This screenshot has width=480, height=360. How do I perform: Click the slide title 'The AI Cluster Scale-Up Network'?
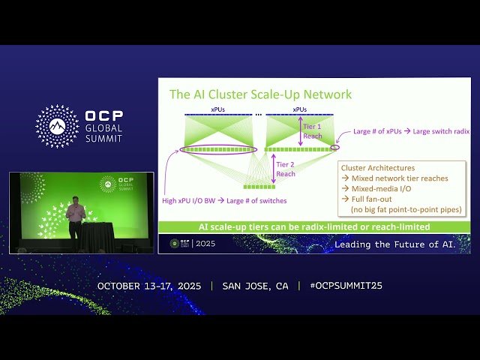tap(260, 94)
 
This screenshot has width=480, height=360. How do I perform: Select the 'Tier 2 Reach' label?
tap(286, 169)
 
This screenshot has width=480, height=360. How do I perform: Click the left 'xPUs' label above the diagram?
tap(217, 109)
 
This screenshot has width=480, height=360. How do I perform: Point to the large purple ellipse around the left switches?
tap(217, 150)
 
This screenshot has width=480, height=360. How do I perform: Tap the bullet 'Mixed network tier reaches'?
tap(397, 178)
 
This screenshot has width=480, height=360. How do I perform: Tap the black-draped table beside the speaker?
tap(97, 237)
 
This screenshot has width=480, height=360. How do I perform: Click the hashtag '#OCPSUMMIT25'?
tap(340, 286)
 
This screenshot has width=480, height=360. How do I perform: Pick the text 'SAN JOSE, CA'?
tap(255, 286)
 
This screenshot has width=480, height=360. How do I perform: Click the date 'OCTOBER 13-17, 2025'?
tap(151, 286)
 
